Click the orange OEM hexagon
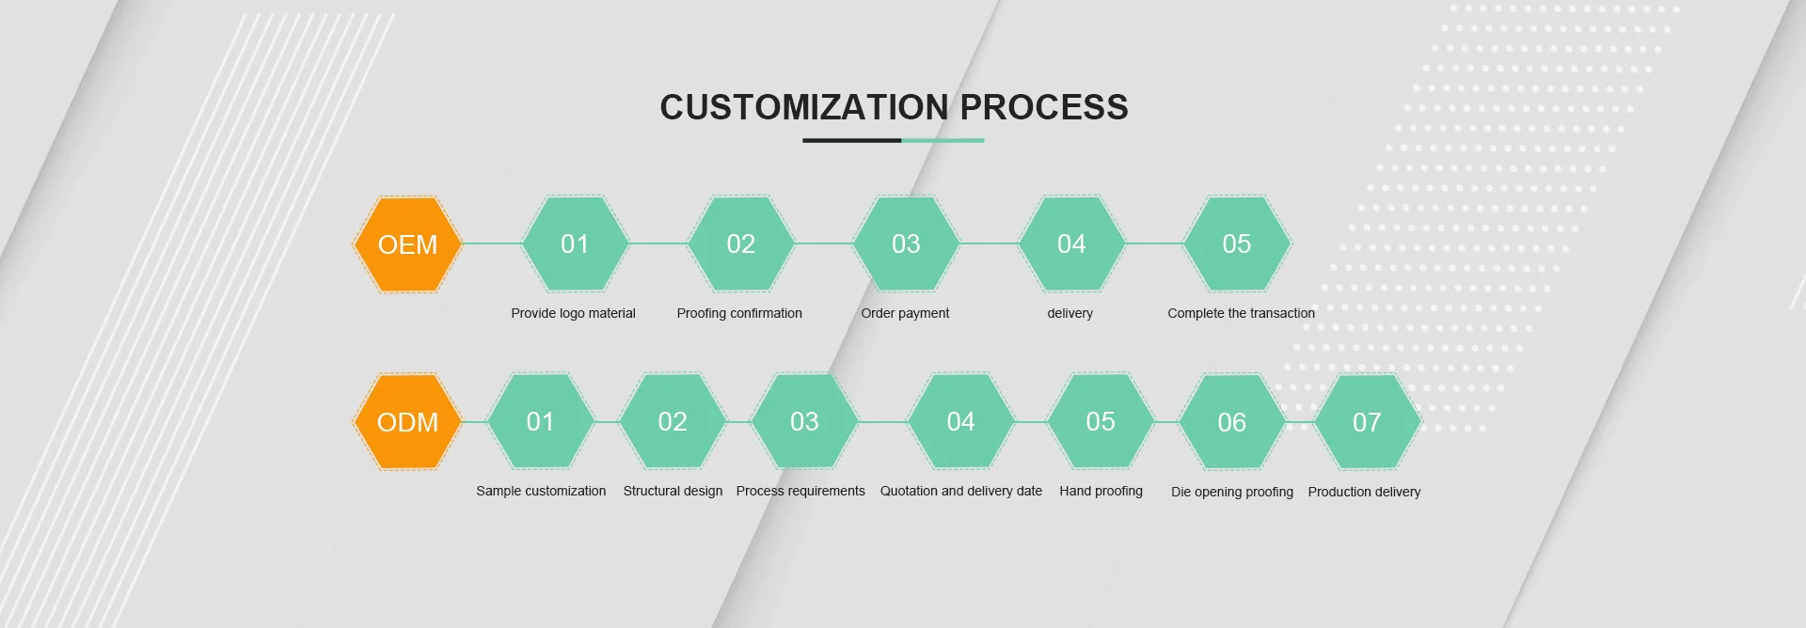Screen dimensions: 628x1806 point(407,244)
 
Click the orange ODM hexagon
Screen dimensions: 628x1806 point(407,422)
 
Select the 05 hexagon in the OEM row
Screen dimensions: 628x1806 point(1236,243)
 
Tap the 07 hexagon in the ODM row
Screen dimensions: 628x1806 point(1367,422)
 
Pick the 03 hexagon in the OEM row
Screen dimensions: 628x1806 point(906,243)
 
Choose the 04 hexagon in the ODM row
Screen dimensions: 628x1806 point(960,421)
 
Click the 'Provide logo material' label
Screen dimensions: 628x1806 point(573,313)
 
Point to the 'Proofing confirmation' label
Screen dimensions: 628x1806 point(739,313)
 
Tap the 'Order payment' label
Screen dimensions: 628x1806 point(905,313)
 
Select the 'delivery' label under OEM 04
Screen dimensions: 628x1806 point(1070,313)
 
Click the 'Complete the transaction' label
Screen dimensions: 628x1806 point(1241,313)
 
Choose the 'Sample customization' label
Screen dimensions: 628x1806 point(541,491)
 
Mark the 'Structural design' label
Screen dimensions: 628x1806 point(673,491)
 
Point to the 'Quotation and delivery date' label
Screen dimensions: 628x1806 point(960,491)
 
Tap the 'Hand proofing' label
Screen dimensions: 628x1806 point(1101,491)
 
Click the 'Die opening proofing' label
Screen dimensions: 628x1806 point(1231,492)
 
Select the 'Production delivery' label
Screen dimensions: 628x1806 point(1364,492)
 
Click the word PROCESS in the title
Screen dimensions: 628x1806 point(1043,107)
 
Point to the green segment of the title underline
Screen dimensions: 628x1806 point(943,141)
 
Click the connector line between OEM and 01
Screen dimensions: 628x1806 point(492,243)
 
